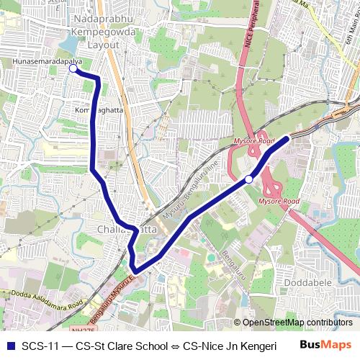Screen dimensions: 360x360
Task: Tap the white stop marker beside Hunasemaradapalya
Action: pyautogui.click(x=73, y=70)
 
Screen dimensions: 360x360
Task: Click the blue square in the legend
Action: pyautogui.click(x=9, y=345)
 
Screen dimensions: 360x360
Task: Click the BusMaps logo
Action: pyautogui.click(x=325, y=344)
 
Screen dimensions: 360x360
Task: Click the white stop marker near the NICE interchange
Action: pyautogui.click(x=248, y=179)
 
